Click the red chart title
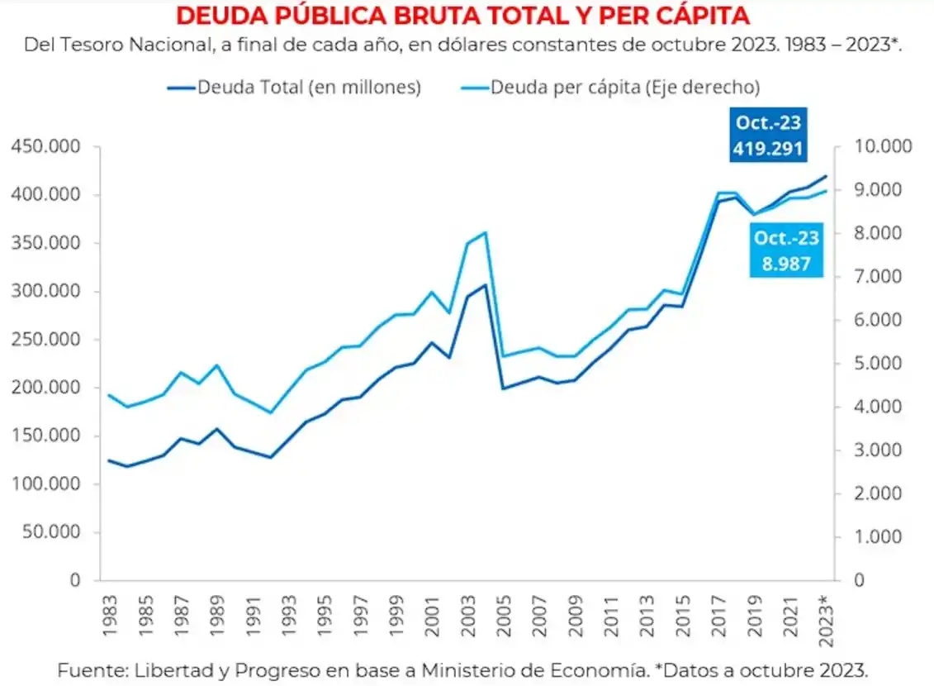[x=462, y=16]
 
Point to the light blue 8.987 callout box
[x=785, y=251]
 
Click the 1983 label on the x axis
[x=110, y=612]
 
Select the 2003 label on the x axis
[x=467, y=612]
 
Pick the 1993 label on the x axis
[x=289, y=612]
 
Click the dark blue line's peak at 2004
[x=486, y=285]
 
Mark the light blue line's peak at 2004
[x=486, y=233]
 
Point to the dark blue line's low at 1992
[x=270, y=457]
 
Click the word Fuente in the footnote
[x=89, y=669]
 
